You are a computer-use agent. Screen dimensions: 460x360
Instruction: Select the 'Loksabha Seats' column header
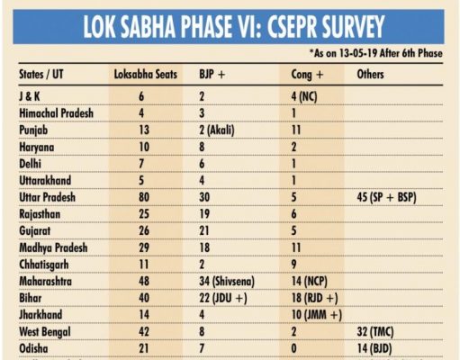coord(146,75)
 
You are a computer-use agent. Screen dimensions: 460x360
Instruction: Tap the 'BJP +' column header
coord(212,75)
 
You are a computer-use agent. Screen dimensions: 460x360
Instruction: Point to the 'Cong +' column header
coord(307,75)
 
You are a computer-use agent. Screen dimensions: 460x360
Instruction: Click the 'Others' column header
coord(370,75)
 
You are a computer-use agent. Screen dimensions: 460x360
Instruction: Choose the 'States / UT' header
coord(41,75)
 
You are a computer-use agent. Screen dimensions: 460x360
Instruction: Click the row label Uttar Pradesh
coord(47,197)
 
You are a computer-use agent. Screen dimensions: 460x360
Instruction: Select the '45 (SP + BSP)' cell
coord(386,197)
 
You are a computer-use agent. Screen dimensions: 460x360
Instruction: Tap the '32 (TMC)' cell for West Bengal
coord(375,332)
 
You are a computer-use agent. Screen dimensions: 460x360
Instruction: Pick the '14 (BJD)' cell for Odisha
coord(374,348)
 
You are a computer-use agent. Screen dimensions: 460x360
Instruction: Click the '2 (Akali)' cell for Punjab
coord(217,130)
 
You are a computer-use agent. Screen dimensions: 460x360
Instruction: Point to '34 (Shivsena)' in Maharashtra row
coord(227,282)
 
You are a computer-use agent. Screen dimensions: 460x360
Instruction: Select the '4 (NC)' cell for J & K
coord(304,96)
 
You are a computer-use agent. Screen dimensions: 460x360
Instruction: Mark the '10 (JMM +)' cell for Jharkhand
coord(317,315)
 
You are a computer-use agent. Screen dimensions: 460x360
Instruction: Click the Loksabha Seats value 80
coord(144,197)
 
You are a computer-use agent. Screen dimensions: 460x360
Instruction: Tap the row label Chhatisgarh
coord(44,265)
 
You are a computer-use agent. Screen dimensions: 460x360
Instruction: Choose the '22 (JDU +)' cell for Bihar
coord(223,298)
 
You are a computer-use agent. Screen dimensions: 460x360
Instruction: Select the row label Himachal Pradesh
coord(56,113)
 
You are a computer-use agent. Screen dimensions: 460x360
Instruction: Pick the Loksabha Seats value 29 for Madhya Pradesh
coord(144,247)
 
